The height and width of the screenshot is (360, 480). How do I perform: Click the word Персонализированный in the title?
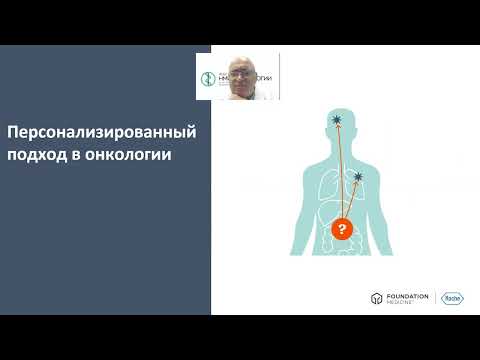[x=98, y=132]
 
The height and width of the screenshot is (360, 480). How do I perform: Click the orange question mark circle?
[x=341, y=230]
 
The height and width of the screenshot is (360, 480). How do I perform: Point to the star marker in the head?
[x=337, y=122]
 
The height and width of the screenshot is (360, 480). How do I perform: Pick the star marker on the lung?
[x=359, y=177]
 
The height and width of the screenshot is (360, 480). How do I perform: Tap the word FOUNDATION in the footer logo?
[x=407, y=296]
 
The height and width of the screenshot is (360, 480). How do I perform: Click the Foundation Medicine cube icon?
[x=377, y=299]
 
